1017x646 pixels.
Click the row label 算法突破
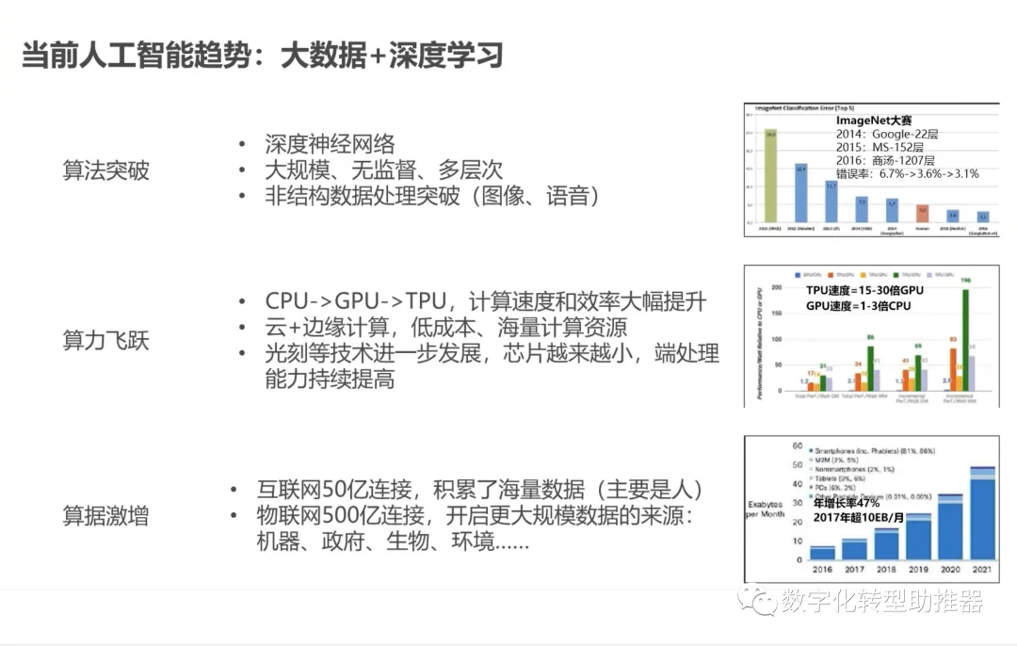pyautogui.click(x=105, y=170)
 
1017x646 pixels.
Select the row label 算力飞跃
pyautogui.click(x=105, y=341)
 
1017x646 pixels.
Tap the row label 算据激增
pyautogui.click(x=105, y=516)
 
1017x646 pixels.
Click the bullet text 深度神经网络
pyautogui.click(x=330, y=144)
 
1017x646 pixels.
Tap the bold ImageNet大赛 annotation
pyautogui.click(x=874, y=121)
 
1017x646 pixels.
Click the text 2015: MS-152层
pyautogui.click(x=880, y=148)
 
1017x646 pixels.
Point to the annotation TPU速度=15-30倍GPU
pyautogui.click(x=864, y=290)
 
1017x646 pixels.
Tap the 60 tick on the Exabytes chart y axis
pyautogui.click(x=797, y=445)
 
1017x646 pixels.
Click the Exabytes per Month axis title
pyautogui.click(x=766, y=509)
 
